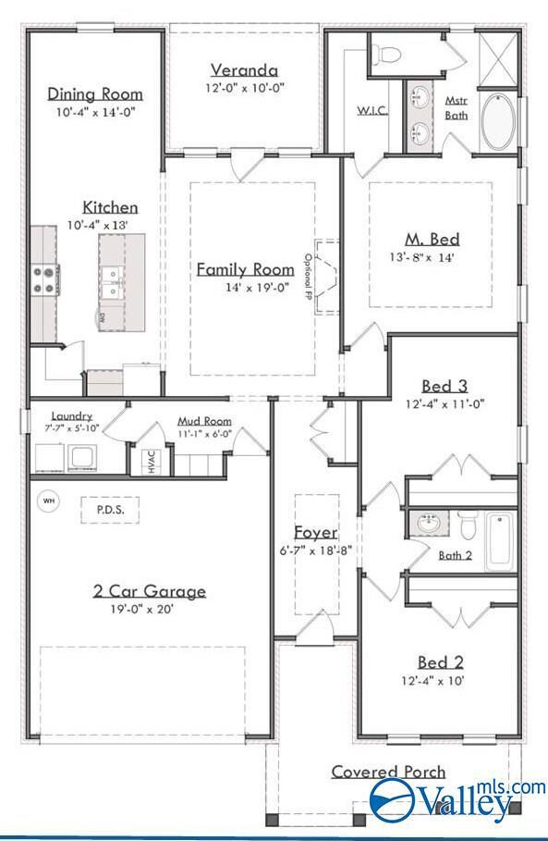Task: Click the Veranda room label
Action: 244,70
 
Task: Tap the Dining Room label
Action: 95,93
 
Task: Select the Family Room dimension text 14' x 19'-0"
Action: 257,288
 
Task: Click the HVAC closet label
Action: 151,462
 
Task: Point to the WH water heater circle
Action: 49,501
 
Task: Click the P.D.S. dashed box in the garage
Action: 110,510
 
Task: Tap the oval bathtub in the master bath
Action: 498,123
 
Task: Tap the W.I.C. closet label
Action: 372,110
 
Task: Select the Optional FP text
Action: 308,276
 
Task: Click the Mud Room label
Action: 204,421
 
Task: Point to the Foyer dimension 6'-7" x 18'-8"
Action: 315,550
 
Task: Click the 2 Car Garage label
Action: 150,591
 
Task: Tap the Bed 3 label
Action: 444,386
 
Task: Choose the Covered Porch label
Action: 388,772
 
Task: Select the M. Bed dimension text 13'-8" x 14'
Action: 422,257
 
